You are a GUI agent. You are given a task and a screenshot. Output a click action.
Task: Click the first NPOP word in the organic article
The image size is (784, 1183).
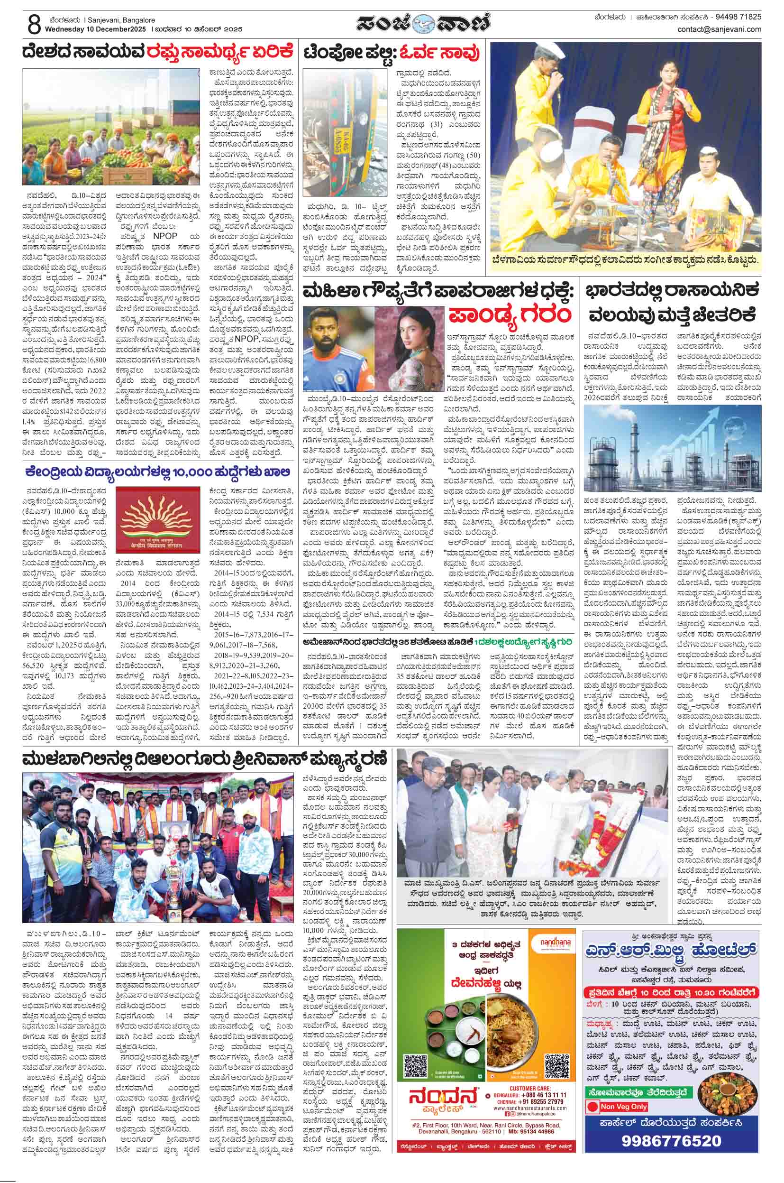pos(165,236)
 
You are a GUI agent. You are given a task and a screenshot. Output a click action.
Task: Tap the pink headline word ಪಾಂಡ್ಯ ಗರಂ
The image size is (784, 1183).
pos(509,315)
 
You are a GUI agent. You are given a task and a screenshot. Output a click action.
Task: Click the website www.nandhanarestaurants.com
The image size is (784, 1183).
pos(538,1090)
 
